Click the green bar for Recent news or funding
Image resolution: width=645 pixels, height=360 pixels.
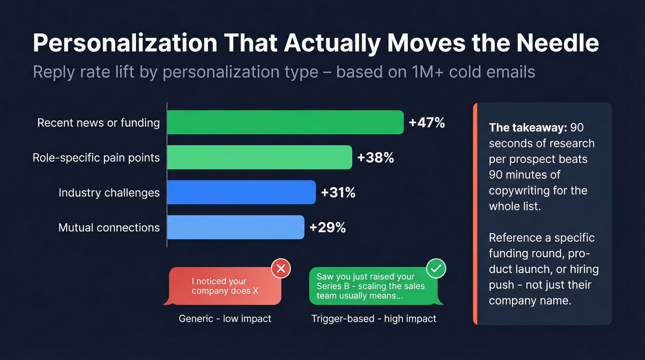tap(285, 123)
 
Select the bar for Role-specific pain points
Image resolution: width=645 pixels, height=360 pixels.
tap(259, 158)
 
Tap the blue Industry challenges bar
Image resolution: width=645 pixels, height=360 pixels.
tap(241, 192)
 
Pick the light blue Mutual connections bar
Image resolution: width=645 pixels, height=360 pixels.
tap(235, 227)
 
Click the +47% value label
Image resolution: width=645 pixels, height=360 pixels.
tap(427, 123)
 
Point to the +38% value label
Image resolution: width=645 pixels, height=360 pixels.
tap(375, 158)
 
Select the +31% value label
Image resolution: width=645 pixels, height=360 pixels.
tap(338, 192)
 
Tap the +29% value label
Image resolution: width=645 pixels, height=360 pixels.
tap(327, 227)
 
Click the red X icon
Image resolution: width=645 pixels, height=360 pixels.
tap(281, 268)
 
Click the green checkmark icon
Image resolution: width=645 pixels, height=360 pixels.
tap(436, 268)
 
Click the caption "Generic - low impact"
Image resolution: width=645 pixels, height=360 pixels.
tap(225, 319)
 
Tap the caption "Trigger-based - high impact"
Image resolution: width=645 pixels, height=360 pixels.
tap(374, 319)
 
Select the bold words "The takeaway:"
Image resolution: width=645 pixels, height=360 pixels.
tap(527, 127)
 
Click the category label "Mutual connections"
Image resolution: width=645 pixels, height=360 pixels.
tap(109, 227)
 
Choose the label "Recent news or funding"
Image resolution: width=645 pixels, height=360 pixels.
tap(99, 123)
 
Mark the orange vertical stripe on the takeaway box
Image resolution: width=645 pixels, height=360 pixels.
tap(475, 214)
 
